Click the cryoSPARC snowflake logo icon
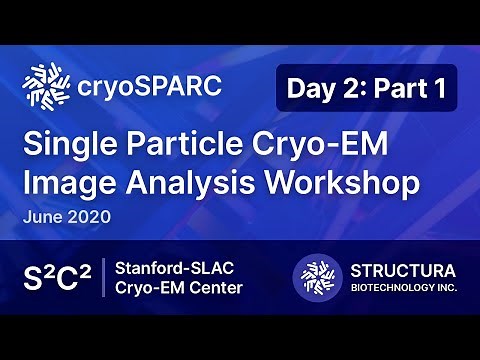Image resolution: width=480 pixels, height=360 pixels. click(x=44, y=88)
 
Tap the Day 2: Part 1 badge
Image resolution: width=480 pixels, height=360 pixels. click(x=366, y=88)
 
